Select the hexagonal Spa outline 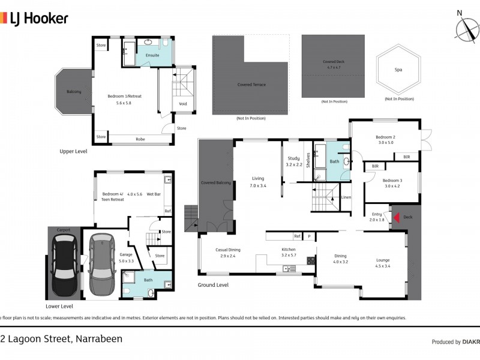tap(398, 70)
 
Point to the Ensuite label tap(152, 55)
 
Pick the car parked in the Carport tap(64, 263)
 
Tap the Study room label tap(293, 159)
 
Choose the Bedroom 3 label tap(392, 180)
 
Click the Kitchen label tap(289, 250)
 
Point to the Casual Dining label tap(228, 250)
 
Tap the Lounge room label tap(383, 260)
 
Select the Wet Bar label tap(154, 194)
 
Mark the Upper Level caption tap(73, 151)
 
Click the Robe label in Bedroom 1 tap(140, 139)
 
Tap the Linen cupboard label tap(346, 197)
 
